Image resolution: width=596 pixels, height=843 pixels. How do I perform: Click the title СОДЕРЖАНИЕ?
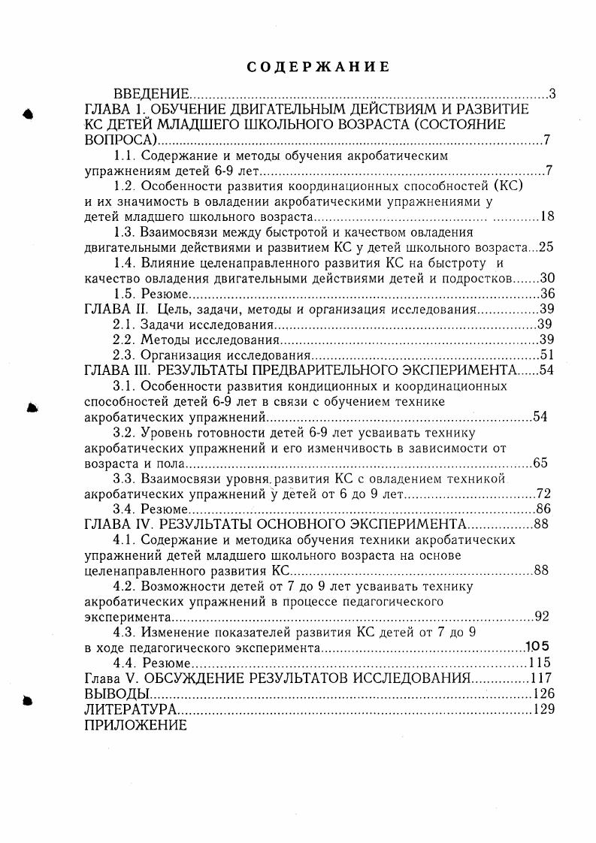pyautogui.click(x=319, y=67)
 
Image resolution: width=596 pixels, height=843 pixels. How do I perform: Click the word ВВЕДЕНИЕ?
pyautogui.click(x=151, y=95)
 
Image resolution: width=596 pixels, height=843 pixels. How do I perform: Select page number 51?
pyautogui.click(x=546, y=355)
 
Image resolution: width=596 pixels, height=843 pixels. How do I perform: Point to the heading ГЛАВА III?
pyautogui.click(x=118, y=370)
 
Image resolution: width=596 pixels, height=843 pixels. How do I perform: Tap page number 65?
pyautogui.click(x=540, y=463)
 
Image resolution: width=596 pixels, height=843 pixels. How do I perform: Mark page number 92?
pyautogui.click(x=542, y=617)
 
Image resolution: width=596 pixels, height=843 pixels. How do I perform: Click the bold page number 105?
pyautogui.click(x=537, y=646)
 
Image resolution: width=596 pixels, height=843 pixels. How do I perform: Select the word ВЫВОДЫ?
pyautogui.click(x=111, y=693)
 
